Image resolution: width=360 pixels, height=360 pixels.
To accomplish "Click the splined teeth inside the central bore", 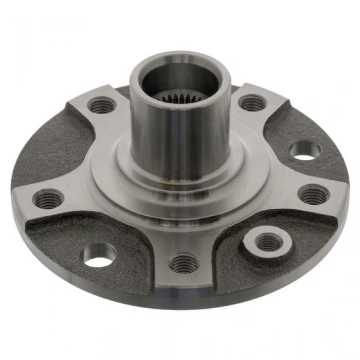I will [178, 97].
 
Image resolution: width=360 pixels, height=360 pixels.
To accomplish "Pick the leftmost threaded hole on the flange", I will [48, 197].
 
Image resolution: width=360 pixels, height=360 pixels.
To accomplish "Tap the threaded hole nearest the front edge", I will [184, 263].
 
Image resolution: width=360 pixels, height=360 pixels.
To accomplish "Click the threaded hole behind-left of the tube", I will [101, 105].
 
